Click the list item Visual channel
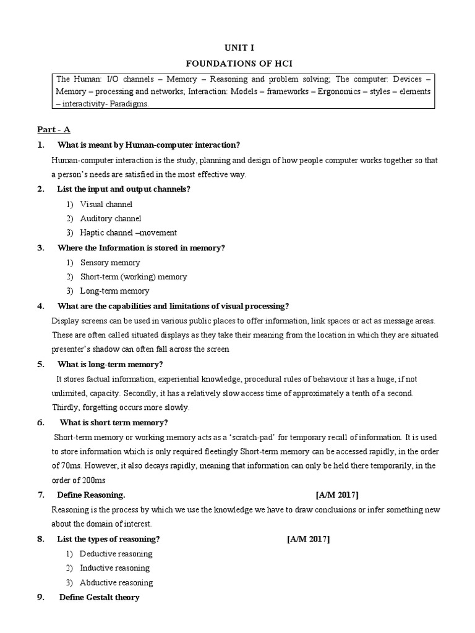[106, 204]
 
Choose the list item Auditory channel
[110, 218]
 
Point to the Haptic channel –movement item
[128, 232]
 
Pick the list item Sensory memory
[110, 262]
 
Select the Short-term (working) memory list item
[133, 276]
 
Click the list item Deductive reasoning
[116, 553]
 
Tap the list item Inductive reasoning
[114, 567]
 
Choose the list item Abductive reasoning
[116, 582]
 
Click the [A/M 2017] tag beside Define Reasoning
[336, 495]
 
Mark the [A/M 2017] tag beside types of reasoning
[308, 539]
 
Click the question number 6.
[40, 423]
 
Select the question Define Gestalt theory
[99, 597]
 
